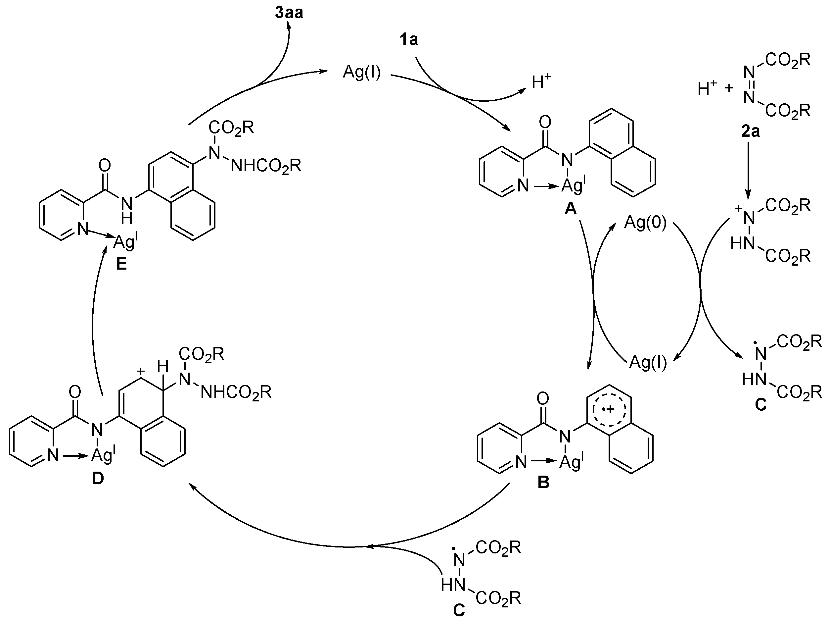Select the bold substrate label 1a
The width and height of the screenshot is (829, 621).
(x=408, y=39)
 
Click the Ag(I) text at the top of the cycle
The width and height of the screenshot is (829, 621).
(x=362, y=73)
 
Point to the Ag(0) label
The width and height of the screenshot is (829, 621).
(x=645, y=223)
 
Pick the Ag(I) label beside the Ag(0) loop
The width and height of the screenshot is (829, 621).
(x=648, y=362)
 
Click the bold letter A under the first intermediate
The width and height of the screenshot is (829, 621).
(x=571, y=209)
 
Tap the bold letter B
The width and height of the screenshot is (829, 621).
(x=543, y=482)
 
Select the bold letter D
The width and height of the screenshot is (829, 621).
(x=98, y=479)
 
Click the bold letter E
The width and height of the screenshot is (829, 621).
(x=121, y=264)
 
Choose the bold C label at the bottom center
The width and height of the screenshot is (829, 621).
(x=459, y=610)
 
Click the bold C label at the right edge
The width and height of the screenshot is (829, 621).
(x=760, y=405)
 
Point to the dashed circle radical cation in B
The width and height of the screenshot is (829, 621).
(x=609, y=409)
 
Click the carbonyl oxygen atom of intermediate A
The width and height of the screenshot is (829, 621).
(x=545, y=122)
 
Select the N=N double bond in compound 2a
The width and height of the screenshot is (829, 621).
(x=749, y=84)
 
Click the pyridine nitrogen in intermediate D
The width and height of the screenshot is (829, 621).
(x=53, y=456)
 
